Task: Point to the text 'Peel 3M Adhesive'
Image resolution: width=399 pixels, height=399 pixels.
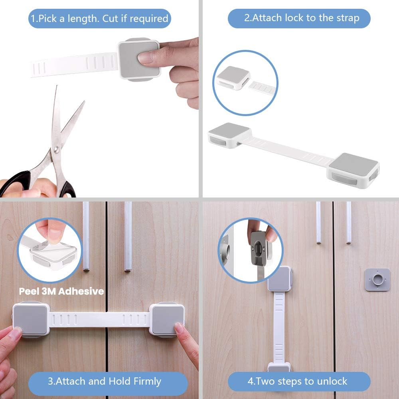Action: pyautogui.click(x=61, y=291)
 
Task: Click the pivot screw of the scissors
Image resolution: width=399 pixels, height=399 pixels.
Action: pyautogui.click(x=57, y=150)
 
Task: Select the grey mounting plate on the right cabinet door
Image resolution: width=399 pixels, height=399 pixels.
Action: pyautogui.click(x=377, y=280)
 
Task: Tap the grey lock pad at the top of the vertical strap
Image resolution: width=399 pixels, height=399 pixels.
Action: pyautogui.click(x=279, y=279)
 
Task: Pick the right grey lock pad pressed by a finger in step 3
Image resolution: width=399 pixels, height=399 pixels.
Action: pyautogui.click(x=167, y=320)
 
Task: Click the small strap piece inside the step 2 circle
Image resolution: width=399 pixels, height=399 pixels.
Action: pyautogui.click(x=262, y=87)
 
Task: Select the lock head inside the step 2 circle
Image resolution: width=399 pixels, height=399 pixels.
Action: pyautogui.click(x=233, y=78)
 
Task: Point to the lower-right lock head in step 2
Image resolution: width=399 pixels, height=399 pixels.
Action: pyautogui.click(x=354, y=170)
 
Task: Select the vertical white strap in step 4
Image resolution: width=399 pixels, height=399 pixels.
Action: pyautogui.click(x=279, y=328)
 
